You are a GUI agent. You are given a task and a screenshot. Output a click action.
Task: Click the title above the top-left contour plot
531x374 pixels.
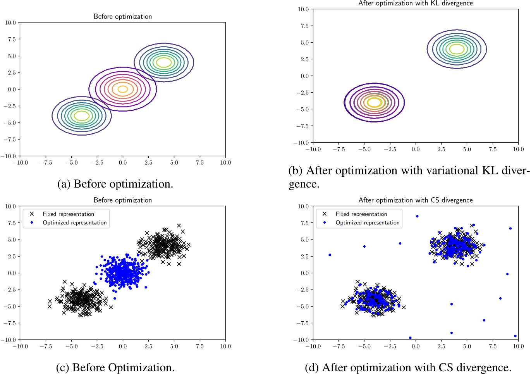[123, 16]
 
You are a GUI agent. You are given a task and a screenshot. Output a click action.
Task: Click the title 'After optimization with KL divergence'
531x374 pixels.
[416, 3]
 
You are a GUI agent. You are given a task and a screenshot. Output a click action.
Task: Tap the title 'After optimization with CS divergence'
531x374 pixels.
[416, 200]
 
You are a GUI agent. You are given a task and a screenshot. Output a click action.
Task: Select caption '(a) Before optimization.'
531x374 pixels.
[115, 184]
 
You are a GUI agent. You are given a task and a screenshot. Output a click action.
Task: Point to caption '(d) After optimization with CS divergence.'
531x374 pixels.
[408, 367]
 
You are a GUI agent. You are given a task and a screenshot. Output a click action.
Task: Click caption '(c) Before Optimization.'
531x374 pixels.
[115, 367]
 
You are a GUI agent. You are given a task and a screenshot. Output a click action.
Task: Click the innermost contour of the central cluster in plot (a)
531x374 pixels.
[123, 89]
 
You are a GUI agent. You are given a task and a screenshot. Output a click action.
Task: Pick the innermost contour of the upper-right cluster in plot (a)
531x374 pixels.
[164, 62]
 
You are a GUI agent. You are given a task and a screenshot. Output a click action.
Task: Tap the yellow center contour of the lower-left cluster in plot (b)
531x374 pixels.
[375, 102]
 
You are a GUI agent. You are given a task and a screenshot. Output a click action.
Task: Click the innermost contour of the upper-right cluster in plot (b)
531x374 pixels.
[457, 49]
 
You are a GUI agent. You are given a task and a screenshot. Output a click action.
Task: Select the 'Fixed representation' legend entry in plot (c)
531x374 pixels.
[68, 214]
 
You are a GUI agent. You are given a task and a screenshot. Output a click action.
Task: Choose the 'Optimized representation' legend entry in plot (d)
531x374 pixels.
[367, 222]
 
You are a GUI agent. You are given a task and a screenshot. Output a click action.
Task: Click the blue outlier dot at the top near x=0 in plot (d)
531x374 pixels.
[417, 216]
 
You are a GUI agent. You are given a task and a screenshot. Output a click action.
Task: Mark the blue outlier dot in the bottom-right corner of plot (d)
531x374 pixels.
[515, 336]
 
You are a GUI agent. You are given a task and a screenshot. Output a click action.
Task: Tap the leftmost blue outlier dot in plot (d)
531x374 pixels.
[330, 255]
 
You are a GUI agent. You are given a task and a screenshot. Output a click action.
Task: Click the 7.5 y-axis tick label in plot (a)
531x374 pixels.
[10, 39]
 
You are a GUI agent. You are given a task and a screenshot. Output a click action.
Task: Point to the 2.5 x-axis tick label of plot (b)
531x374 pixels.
[441, 149]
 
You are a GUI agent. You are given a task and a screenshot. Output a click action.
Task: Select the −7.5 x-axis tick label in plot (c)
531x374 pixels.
[46, 346]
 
